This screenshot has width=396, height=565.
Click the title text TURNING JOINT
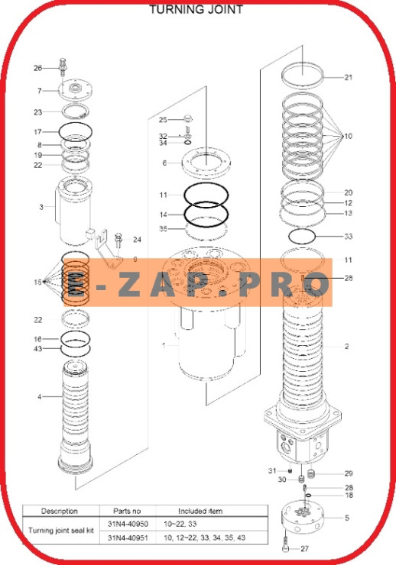196,10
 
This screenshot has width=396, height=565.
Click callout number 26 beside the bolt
37,68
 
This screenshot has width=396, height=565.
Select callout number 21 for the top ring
348,77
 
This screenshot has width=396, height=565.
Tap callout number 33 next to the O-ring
348,237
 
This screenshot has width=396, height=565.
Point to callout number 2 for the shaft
346,346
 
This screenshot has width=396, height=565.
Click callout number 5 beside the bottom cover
346,518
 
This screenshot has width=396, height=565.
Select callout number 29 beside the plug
348,473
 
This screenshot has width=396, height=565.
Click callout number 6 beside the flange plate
164,163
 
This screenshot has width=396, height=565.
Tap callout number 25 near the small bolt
163,120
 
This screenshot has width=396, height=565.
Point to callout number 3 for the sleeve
41,207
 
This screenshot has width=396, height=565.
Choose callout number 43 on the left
37,350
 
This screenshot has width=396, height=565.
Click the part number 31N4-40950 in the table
128,525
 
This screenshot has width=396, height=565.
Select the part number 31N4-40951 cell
128,538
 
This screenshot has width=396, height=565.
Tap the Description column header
60,511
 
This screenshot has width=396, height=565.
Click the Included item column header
200,511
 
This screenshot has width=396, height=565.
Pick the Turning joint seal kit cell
60,531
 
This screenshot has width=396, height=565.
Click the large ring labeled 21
301,74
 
